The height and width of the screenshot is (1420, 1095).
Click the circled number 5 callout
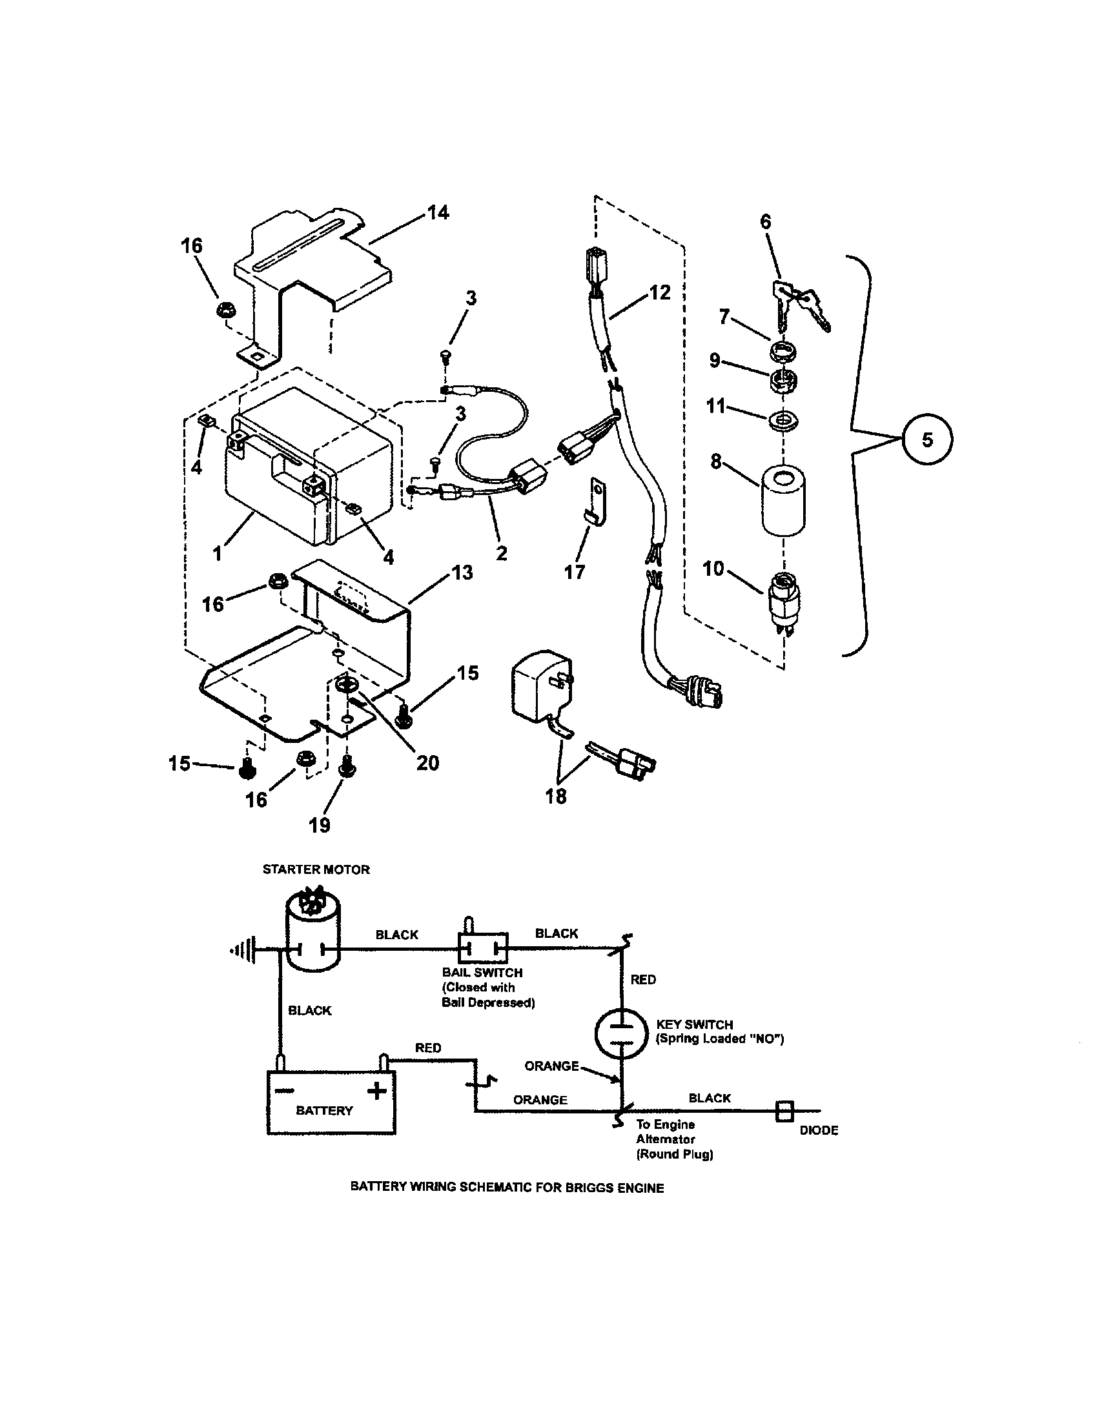(927, 440)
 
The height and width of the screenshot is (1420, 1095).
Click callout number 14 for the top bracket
(438, 212)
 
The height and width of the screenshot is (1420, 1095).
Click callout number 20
(427, 762)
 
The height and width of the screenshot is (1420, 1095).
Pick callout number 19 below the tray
(319, 825)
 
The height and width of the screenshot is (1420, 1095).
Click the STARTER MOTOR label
(316, 869)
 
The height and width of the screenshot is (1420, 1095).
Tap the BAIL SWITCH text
(482, 973)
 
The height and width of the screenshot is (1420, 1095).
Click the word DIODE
(819, 1130)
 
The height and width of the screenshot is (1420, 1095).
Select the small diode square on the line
(785, 1111)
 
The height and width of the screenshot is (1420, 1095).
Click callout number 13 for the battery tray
(462, 573)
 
